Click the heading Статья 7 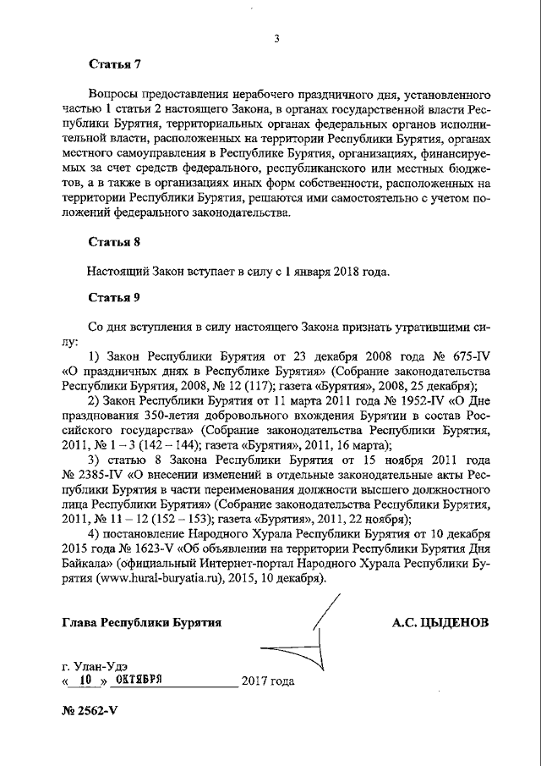[x=114, y=64]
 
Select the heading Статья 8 [x=114, y=242]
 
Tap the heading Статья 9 [x=114, y=297]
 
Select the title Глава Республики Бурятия [x=142, y=623]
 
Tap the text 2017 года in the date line [x=268, y=681]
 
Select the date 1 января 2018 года [x=337, y=273]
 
